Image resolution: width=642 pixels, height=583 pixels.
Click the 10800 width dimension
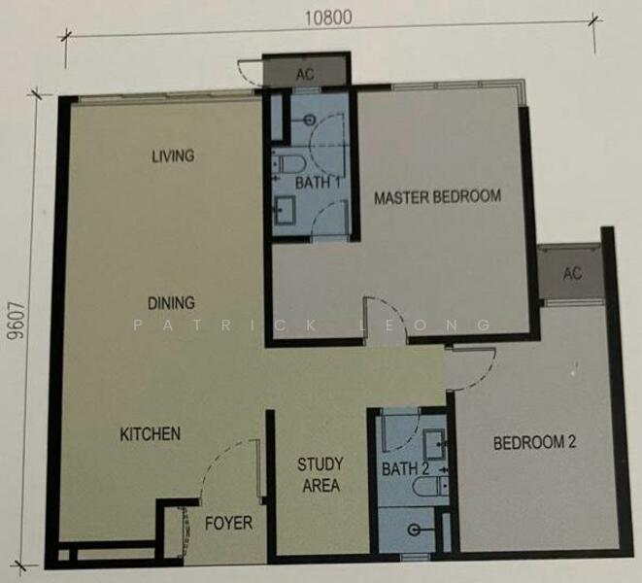tap(328, 17)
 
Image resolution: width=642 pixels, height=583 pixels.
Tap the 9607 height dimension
tap(17, 322)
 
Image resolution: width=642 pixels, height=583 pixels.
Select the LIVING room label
tap(173, 156)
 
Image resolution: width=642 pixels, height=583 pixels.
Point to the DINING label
tap(171, 303)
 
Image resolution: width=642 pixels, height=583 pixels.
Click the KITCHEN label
tap(151, 434)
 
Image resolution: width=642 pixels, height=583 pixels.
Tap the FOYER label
tap(228, 523)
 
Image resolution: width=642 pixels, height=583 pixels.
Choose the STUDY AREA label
tap(321, 475)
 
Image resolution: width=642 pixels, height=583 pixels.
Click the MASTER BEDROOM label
tap(438, 197)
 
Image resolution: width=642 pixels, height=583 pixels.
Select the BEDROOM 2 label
tap(535, 443)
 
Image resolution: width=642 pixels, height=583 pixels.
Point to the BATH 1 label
tap(318, 183)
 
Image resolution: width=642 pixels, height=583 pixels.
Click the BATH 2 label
tap(405, 468)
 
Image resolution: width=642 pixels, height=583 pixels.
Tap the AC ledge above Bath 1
tap(305, 72)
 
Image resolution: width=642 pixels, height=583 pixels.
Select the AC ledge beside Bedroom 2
tap(572, 272)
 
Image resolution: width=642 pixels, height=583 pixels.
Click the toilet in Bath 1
tap(288, 164)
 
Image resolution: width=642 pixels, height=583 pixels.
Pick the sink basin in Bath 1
tap(285, 210)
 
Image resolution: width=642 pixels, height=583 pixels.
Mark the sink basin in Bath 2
tap(434, 444)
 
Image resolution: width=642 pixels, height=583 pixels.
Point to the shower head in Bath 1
tap(309, 120)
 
